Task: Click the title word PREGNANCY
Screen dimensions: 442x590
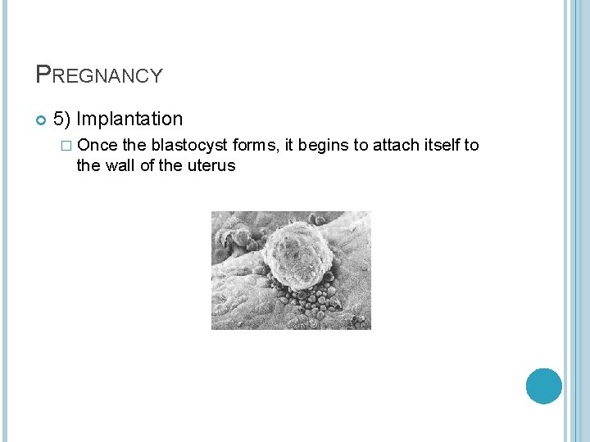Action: pyautogui.click(x=99, y=75)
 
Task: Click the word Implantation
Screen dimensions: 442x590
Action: pyautogui.click(x=131, y=120)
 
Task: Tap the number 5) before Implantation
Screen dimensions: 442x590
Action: pyautogui.click(x=62, y=120)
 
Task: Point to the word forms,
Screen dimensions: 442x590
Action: pyautogui.click(x=256, y=146)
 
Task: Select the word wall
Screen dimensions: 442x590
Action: pyautogui.click(x=120, y=166)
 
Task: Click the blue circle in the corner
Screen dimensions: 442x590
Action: pyautogui.click(x=543, y=386)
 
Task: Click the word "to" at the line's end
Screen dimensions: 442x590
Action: pyautogui.click(x=472, y=146)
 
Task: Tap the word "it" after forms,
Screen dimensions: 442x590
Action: pyautogui.click(x=289, y=146)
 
